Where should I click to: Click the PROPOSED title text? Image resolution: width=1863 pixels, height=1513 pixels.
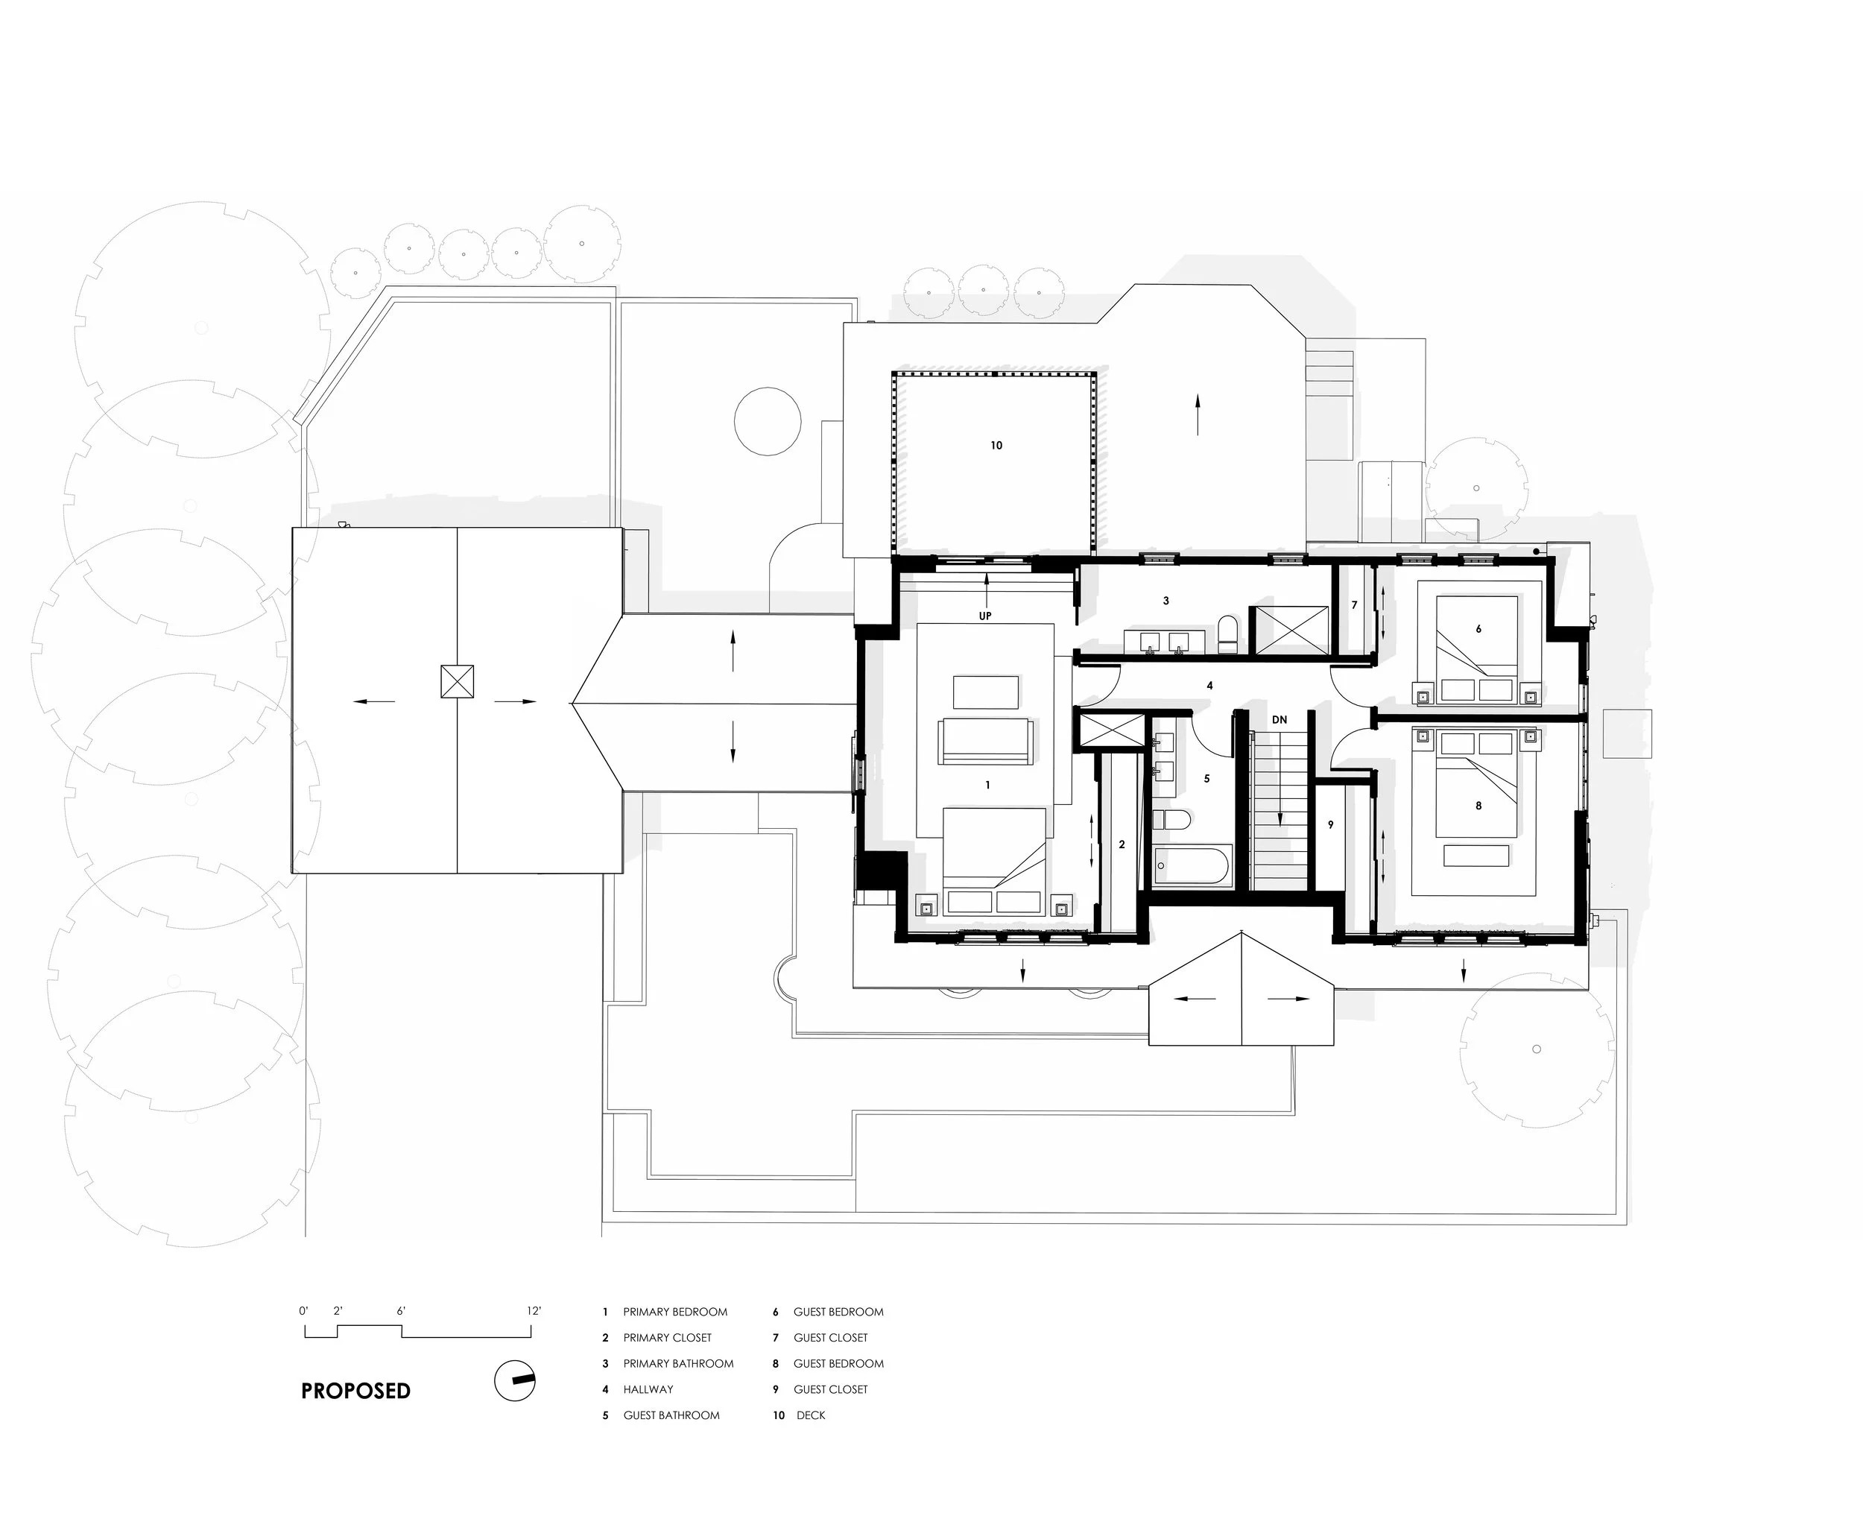[x=355, y=1391]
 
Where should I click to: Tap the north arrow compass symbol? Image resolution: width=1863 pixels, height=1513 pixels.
[x=515, y=1380]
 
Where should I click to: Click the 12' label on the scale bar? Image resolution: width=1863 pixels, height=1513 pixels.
[x=534, y=1311]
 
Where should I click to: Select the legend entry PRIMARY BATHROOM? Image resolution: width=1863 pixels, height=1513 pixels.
[x=678, y=1363]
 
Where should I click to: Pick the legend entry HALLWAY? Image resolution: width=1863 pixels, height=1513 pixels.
[x=648, y=1389]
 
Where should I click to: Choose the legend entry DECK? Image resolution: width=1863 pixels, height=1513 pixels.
[x=809, y=1415]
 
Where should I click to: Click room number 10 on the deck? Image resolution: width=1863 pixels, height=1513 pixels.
[x=996, y=446]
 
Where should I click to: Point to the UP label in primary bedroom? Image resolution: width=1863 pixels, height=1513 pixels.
[x=985, y=616]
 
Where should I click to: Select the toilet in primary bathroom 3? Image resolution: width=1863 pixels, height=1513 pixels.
[x=1227, y=634]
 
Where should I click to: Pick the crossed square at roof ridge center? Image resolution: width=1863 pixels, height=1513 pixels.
[x=457, y=680]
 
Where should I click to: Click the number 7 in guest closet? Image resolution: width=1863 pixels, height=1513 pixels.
[x=1354, y=605]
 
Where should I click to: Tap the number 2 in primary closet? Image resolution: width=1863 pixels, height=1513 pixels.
[x=1122, y=844]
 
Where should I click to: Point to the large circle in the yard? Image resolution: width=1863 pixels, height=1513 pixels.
[x=767, y=422]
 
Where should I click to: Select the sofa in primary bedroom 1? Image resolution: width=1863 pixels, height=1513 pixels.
[x=985, y=741]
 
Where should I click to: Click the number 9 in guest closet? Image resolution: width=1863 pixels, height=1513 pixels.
[x=1331, y=824]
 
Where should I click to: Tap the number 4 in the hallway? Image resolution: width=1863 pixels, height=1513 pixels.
[x=1209, y=686]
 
